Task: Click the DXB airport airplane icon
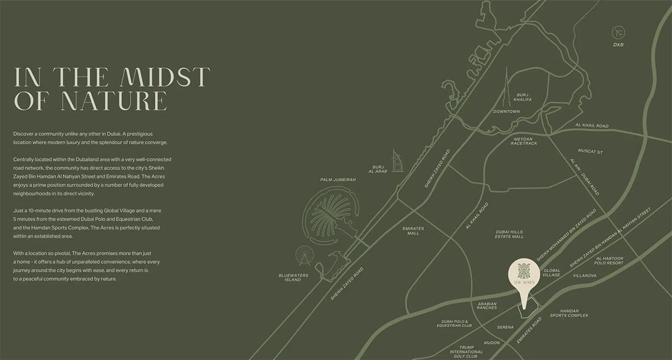coord(618,32)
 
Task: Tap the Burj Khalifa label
coord(523,97)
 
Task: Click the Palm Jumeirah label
coord(338,180)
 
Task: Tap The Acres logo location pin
coord(524,277)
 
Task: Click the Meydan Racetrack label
coord(524,141)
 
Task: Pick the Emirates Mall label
coord(413,231)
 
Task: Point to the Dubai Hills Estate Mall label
coord(510,234)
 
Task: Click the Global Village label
coord(552,273)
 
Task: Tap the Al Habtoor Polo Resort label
coord(608,260)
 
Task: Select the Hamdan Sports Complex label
coord(569,313)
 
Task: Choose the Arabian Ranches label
coord(487,306)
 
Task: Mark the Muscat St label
coord(590,152)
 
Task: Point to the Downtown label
coord(507,111)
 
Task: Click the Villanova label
coord(585,276)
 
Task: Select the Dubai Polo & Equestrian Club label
coord(454,323)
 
